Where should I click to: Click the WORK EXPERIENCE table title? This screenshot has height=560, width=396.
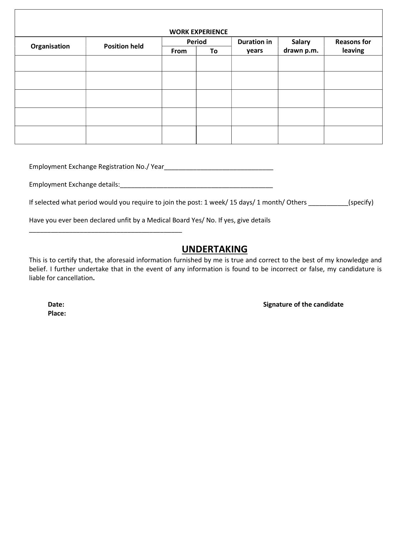198,32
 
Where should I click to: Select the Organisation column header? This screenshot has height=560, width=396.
50,46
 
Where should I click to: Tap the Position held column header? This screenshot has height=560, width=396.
123,46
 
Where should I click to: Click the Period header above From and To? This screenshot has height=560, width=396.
197,42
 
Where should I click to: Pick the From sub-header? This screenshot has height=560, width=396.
179,51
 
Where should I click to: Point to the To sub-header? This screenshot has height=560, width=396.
213,51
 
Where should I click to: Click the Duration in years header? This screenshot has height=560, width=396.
254,46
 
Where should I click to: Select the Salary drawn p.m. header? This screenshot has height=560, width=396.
301,46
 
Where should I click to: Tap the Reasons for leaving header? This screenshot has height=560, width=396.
353,46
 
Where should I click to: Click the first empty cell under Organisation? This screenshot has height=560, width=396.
50,63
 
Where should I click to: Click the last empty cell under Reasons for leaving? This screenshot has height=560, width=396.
353,135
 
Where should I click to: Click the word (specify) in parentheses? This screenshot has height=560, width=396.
361,202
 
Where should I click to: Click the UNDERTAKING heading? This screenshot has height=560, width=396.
214,249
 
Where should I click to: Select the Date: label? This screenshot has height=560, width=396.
56,304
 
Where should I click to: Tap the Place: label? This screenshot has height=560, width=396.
57,313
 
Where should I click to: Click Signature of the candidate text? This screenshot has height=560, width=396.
303,304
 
